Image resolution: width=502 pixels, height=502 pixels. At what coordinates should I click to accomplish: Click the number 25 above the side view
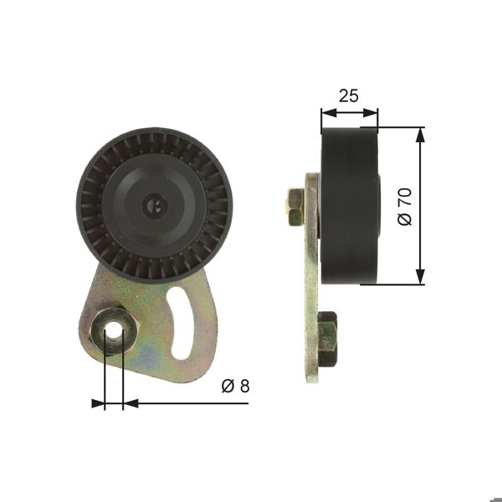pos(349,95)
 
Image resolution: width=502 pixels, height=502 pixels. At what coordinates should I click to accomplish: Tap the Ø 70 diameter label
pos(406,206)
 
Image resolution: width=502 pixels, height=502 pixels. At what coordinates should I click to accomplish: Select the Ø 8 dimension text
pos(236,386)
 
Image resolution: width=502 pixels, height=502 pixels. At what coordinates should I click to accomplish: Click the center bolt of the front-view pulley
pos(154,202)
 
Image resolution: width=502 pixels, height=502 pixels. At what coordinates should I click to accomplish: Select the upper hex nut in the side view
pos(295,207)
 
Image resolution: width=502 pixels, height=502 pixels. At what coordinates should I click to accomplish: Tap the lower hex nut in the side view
pos(326,339)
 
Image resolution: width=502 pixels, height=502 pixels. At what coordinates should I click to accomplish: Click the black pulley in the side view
pos(349,206)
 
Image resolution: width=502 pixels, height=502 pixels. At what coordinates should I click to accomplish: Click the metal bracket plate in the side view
pos(312,276)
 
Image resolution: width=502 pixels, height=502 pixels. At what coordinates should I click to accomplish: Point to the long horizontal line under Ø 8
pos(192,403)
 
